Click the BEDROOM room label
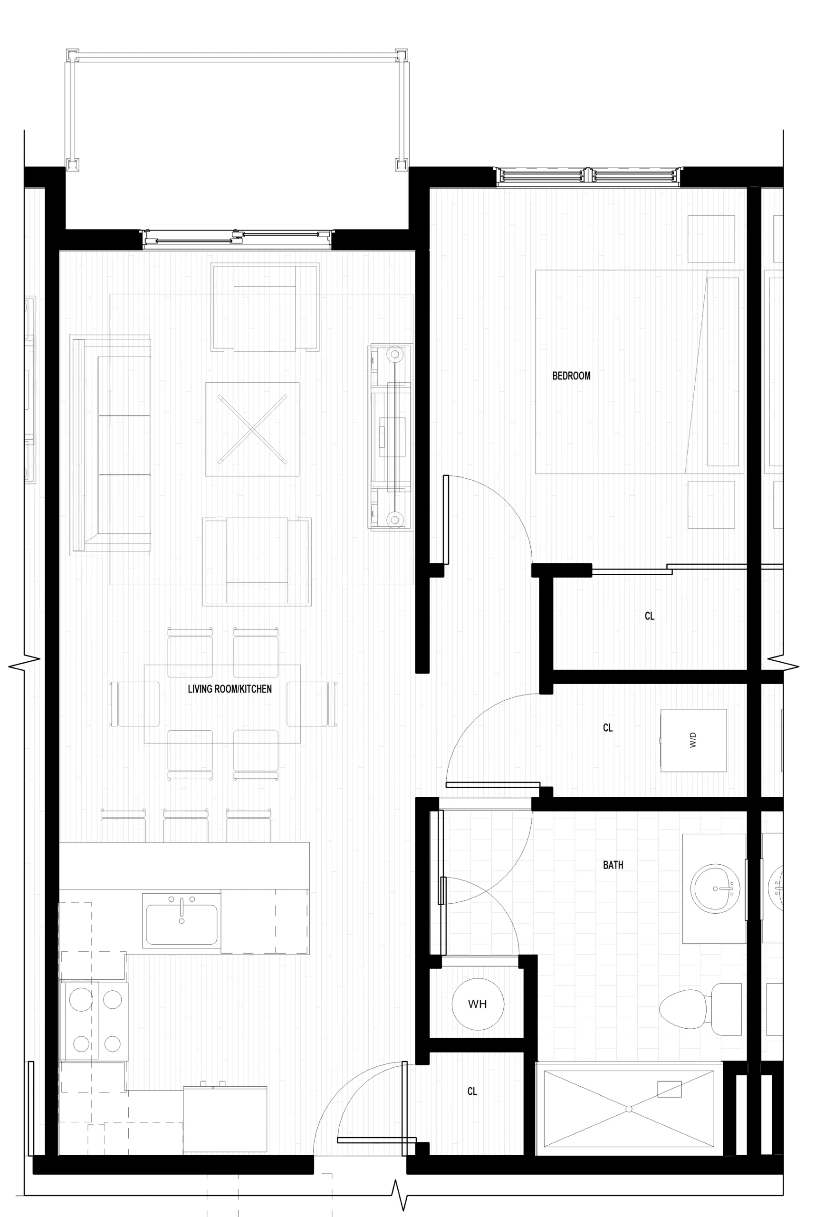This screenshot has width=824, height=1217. [x=571, y=376]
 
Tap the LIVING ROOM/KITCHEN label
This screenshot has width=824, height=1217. [x=230, y=689]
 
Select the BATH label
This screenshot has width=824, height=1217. [x=613, y=865]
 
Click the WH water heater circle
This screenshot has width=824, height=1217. [x=478, y=1004]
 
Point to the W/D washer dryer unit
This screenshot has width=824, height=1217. [x=694, y=741]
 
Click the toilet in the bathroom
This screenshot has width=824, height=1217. [x=700, y=1009]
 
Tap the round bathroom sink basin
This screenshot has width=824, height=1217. [x=715, y=889]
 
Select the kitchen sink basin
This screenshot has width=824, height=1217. [x=181, y=924]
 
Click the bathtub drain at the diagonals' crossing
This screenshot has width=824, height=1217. [x=629, y=1109]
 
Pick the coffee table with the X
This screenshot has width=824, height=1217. [x=252, y=429]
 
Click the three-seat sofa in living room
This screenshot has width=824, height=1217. [x=111, y=444]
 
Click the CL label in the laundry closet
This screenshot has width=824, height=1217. [x=608, y=727]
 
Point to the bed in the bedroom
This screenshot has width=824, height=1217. [x=639, y=372]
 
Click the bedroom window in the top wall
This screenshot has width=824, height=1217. [x=589, y=177]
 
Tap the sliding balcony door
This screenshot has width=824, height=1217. [x=237, y=238]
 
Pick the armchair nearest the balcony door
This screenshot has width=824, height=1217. [x=265, y=308]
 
